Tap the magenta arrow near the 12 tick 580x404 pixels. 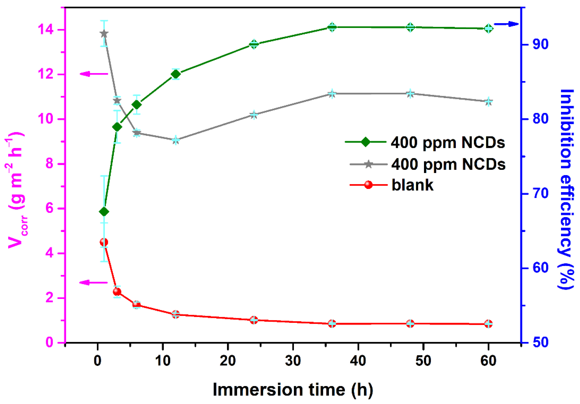pyautogui.click(x=94, y=74)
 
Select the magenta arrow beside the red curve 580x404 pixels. pyautogui.click(x=94, y=282)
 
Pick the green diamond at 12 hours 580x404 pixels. pyautogui.click(x=176, y=74)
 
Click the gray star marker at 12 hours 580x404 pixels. pyautogui.click(x=176, y=140)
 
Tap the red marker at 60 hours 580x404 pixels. pyautogui.click(x=488, y=324)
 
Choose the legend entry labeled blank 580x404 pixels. pyautogui.click(x=412, y=185)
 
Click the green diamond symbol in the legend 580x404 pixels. pyautogui.click(x=365, y=142)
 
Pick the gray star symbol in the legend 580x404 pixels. pyautogui.click(x=369, y=164)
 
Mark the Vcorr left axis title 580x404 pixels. pyautogui.click(x=16, y=190)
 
